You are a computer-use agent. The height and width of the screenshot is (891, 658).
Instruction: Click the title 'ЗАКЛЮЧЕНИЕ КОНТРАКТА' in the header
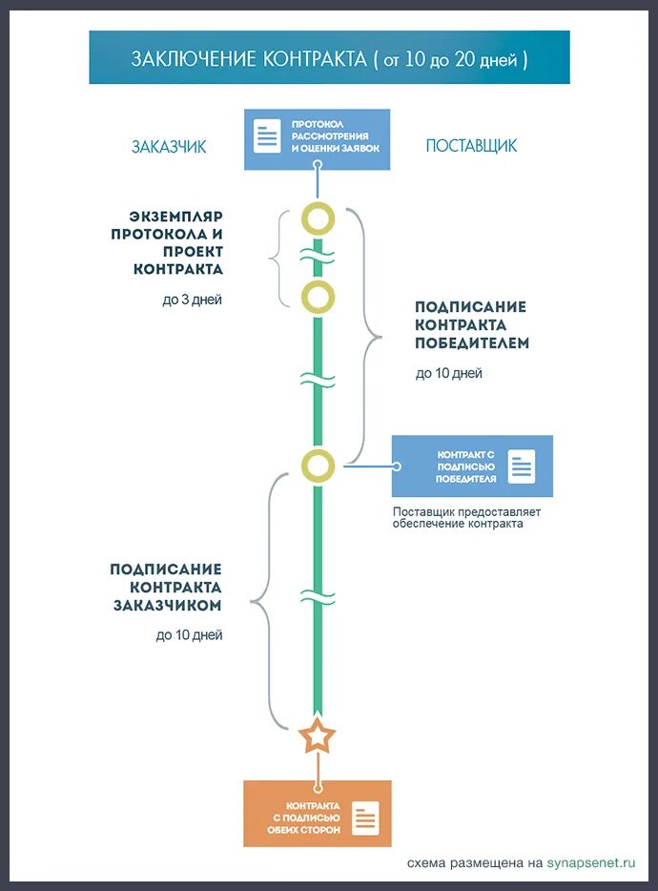click(x=249, y=58)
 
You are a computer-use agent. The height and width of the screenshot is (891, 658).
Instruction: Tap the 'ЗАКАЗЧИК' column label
click(x=169, y=147)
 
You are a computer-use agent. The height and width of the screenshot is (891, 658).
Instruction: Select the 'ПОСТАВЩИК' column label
click(x=471, y=146)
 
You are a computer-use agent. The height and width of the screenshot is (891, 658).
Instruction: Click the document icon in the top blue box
click(x=267, y=135)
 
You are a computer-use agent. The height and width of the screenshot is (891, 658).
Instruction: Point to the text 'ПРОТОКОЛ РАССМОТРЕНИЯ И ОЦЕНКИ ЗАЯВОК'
click(x=335, y=136)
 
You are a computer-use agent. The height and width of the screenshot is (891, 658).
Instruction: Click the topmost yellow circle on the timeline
click(x=318, y=218)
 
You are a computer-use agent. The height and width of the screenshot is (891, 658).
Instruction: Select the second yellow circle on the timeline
click(x=318, y=297)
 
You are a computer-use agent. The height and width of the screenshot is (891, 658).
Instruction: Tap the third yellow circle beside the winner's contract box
click(x=318, y=466)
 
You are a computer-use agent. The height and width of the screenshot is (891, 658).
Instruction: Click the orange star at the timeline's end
click(x=318, y=736)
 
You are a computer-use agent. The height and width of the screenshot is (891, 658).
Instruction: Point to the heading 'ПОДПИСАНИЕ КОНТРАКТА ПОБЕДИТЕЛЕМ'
click(x=471, y=324)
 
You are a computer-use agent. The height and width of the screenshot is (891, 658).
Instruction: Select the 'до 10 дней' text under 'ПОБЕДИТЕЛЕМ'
click(x=448, y=373)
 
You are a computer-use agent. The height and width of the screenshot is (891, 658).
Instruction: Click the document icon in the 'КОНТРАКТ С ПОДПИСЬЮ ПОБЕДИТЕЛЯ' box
click(x=521, y=466)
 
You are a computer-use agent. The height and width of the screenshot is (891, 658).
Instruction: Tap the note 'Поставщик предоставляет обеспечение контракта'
click(x=466, y=518)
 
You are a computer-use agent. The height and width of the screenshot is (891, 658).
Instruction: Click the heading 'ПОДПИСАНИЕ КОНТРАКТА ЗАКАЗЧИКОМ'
click(x=167, y=587)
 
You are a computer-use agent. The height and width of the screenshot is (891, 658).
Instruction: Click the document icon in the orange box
click(x=366, y=817)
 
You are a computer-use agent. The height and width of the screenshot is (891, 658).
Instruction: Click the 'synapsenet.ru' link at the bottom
click(x=590, y=863)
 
